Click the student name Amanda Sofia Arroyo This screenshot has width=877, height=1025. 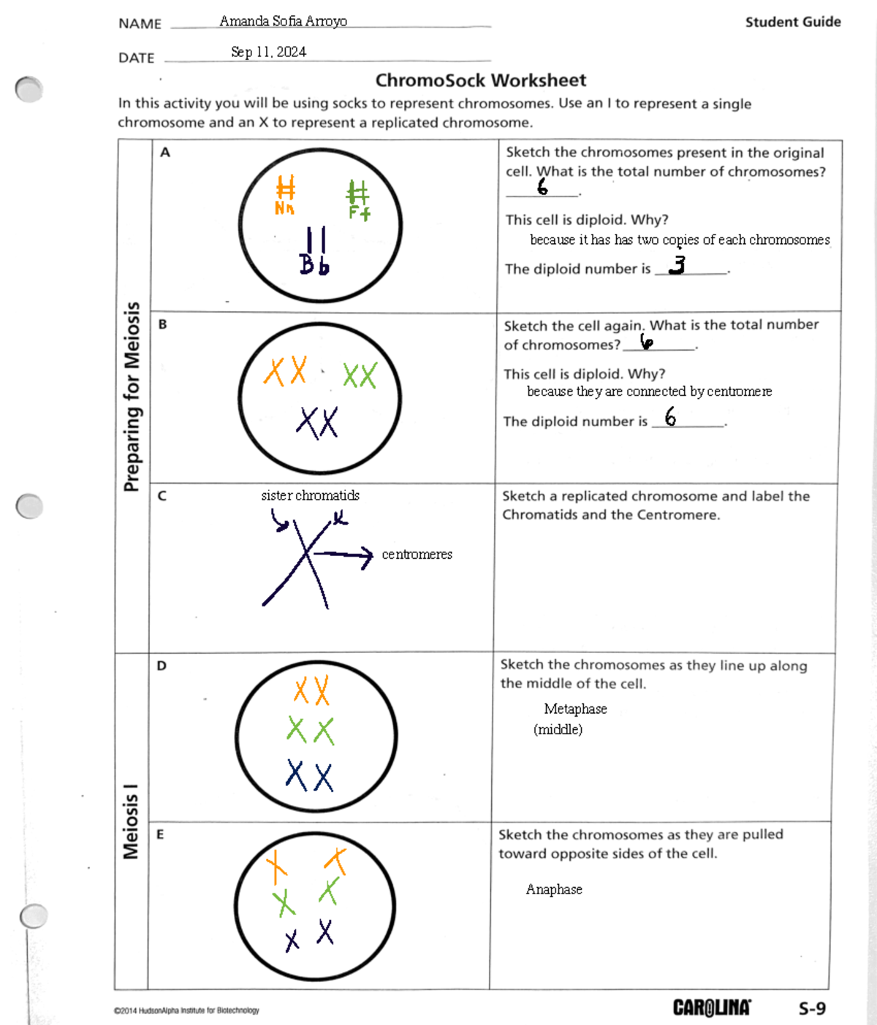point(283,21)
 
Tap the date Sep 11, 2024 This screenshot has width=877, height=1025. point(268,52)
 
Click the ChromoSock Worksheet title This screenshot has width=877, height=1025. point(480,80)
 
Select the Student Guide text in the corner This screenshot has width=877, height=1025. point(792,22)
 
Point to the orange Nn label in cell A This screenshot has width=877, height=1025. point(284,209)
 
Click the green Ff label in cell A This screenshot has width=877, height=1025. point(359,213)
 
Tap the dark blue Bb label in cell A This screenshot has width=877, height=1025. point(314,264)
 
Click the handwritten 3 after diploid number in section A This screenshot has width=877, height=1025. point(677,264)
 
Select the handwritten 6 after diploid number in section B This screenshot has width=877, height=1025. point(670,417)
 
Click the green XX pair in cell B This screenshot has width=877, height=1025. point(360,376)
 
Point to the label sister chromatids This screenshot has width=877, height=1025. point(310,495)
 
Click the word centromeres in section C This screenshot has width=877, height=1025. point(417,555)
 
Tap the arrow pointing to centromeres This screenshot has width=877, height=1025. point(343,556)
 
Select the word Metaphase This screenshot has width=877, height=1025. point(575,709)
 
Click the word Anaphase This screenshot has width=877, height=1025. point(554,889)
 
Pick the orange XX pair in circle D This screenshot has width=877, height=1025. point(312,690)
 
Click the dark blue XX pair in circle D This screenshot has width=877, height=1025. point(310,776)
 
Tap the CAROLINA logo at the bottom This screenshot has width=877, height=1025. point(711,1008)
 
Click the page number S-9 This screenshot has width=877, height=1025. point(812,1009)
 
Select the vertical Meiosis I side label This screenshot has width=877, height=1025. point(131,821)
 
